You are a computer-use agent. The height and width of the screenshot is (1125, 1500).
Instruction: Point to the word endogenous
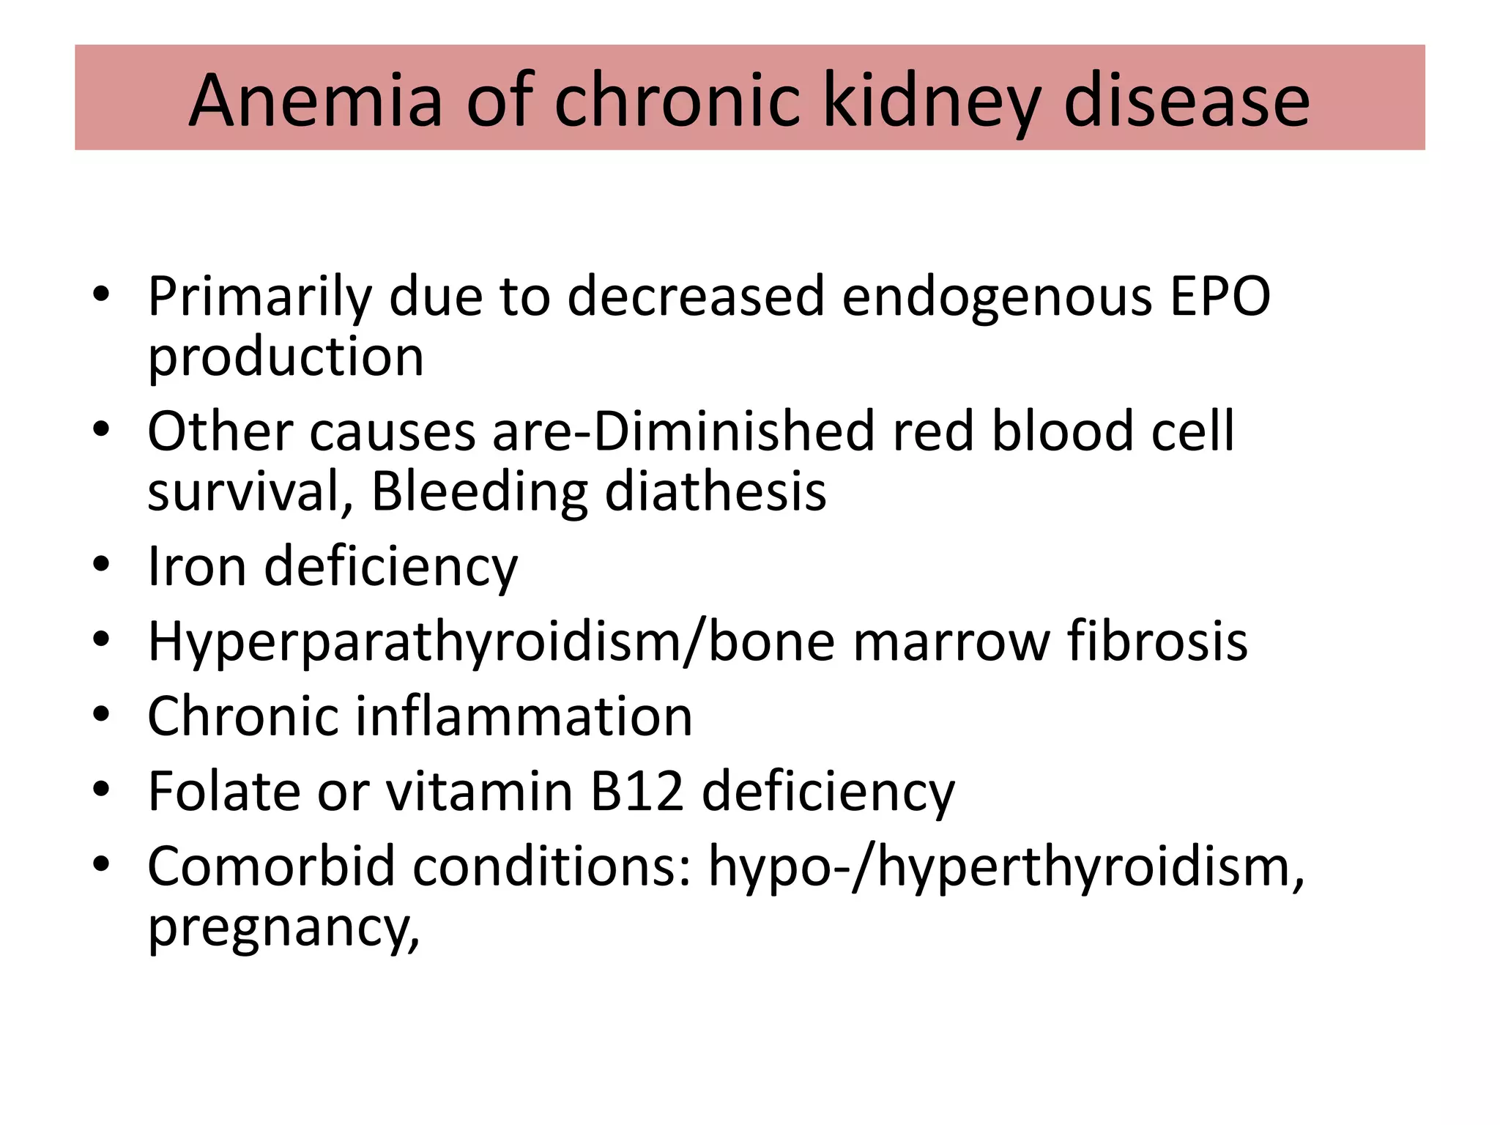pyautogui.click(x=996, y=297)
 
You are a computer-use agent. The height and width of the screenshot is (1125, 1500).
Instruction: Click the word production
pyautogui.click(x=286, y=357)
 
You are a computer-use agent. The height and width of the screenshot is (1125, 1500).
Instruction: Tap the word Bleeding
pyautogui.click(x=479, y=491)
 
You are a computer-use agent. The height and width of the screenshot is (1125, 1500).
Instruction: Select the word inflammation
pyautogui.click(x=524, y=716)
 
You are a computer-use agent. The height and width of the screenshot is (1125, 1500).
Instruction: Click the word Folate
pyautogui.click(x=223, y=791)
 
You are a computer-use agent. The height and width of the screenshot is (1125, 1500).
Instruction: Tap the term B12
pyautogui.click(x=637, y=791)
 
